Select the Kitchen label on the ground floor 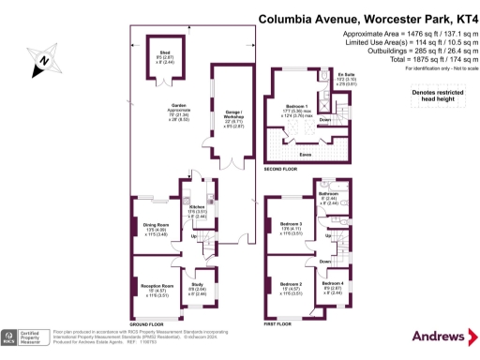(x=197, y=208)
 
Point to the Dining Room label (x=156, y=225)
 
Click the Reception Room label (x=157, y=284)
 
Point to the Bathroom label (x=327, y=194)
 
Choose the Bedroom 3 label (x=291, y=223)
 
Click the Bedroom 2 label (x=291, y=283)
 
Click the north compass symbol (x=44, y=62)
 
